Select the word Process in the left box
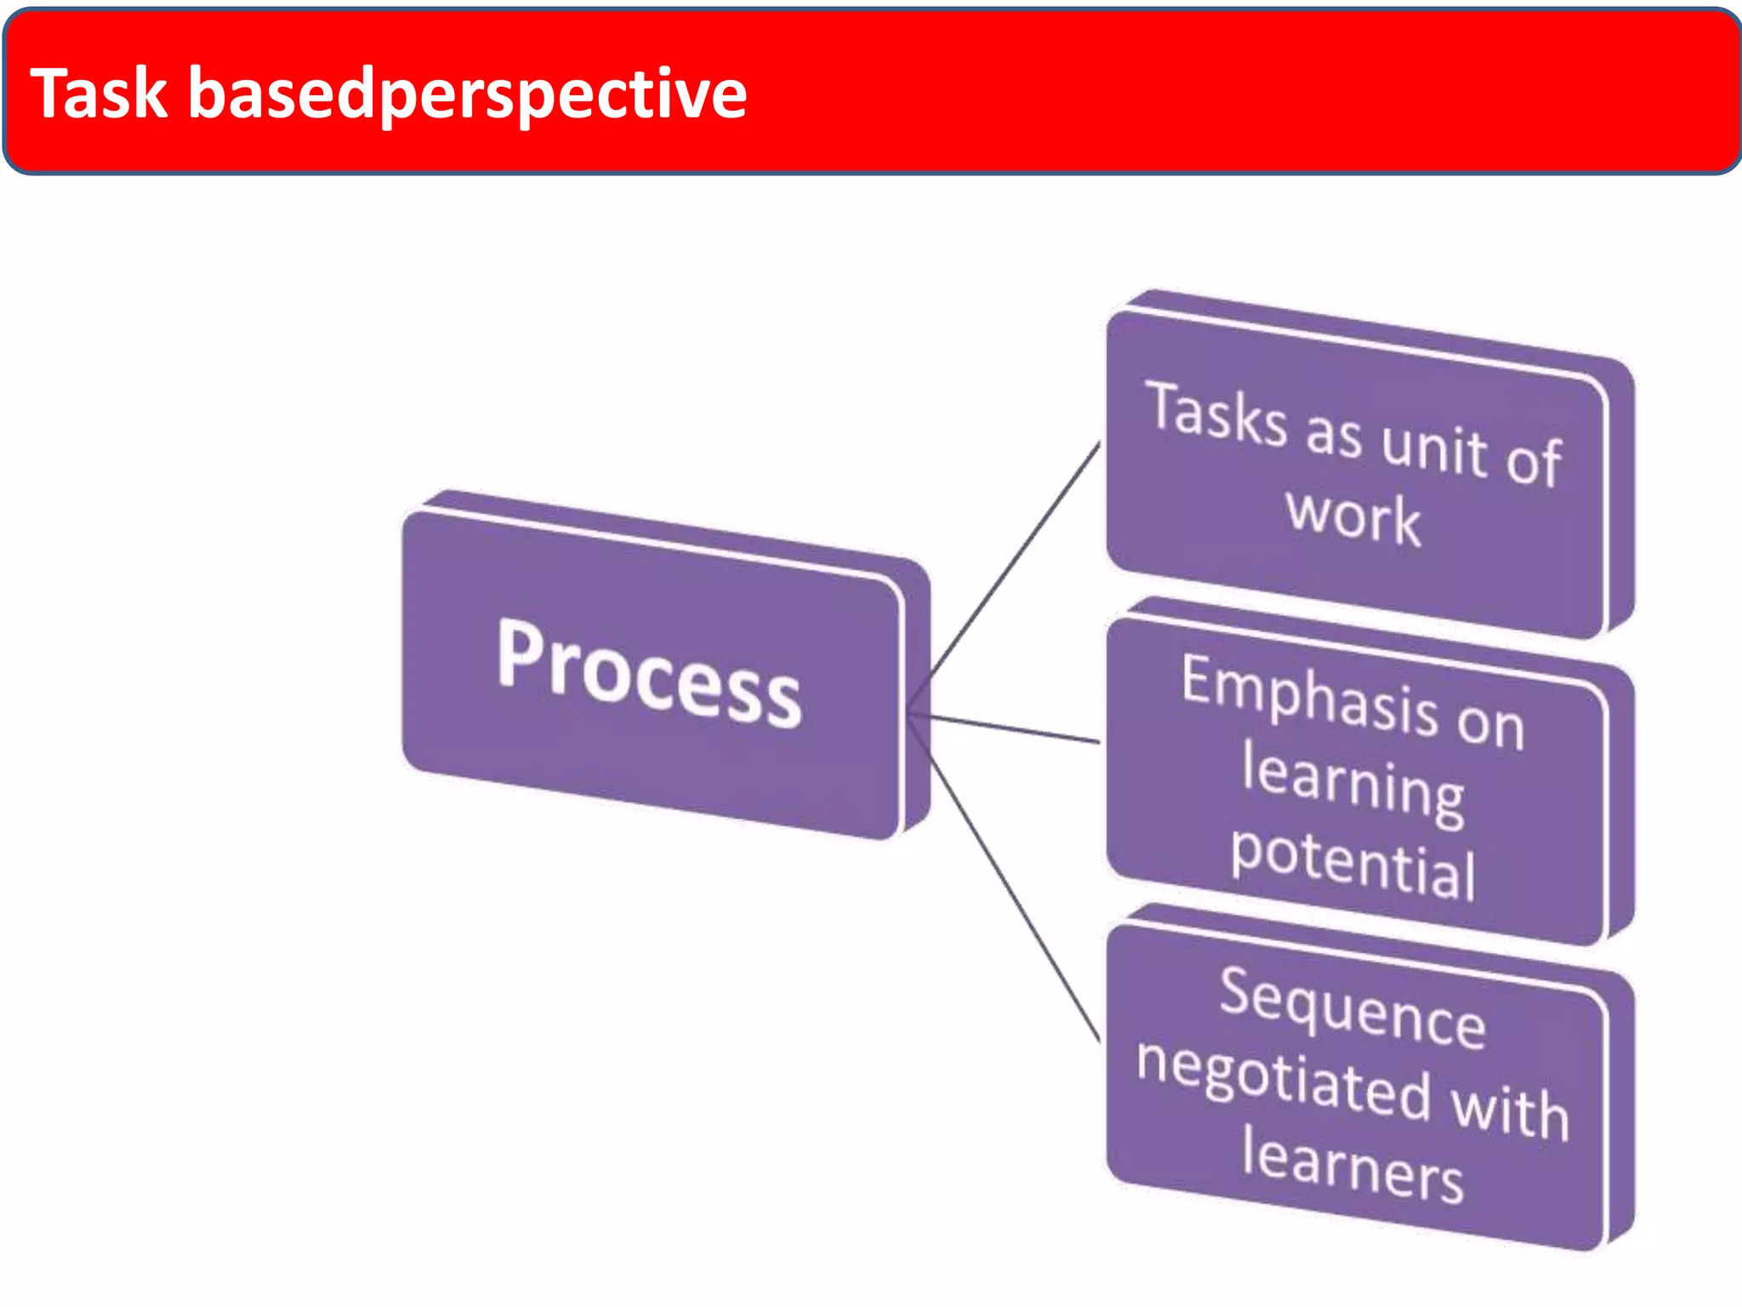[x=649, y=672]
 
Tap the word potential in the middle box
[x=1353, y=863]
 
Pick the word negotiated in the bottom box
[x=1284, y=1077]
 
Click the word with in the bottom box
[x=1511, y=1110]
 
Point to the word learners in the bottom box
[x=1352, y=1165]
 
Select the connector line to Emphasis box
[x=1012, y=728]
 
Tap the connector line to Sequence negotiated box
[x=1012, y=893]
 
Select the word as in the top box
[x=1334, y=433]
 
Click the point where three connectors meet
[x=909, y=712]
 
